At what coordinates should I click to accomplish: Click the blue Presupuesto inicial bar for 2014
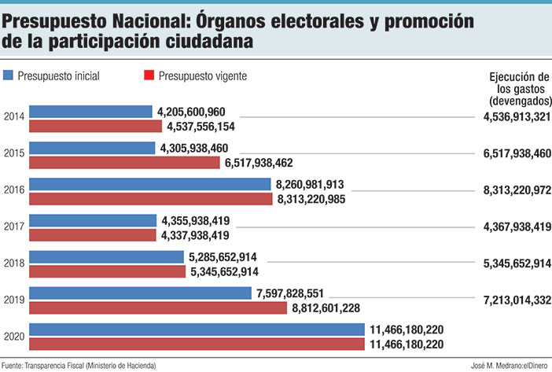tap(90, 112)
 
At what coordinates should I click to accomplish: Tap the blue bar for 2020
tap(196, 330)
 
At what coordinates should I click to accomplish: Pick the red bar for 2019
tap(157, 308)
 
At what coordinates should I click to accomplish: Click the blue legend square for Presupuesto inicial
tap(9, 76)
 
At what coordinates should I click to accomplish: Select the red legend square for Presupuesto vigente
tap(148, 76)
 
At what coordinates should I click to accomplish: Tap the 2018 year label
tap(13, 263)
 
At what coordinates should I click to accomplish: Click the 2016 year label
tap(13, 191)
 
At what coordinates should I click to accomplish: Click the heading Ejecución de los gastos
tap(518, 89)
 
